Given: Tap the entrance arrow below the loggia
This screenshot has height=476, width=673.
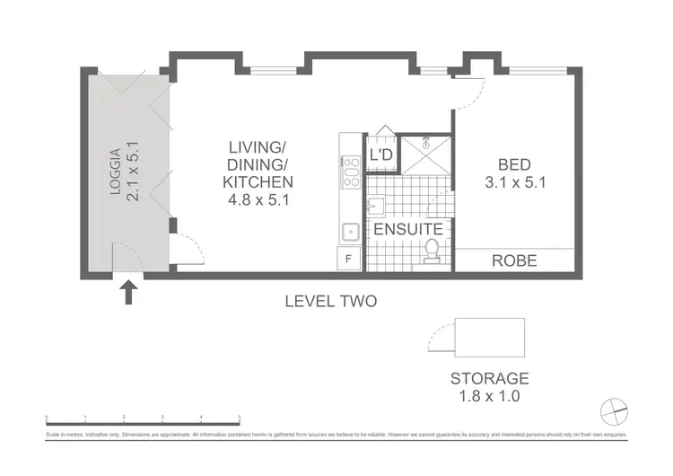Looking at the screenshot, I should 129,292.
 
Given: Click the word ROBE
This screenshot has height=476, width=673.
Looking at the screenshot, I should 514,261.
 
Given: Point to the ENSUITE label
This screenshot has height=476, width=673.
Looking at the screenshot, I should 407,229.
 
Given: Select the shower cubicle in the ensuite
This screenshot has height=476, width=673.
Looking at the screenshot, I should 425,154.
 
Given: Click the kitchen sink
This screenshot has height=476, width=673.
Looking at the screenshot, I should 350,232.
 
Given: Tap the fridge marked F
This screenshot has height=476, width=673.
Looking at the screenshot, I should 349,260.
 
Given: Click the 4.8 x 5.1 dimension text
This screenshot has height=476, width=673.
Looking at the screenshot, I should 260,200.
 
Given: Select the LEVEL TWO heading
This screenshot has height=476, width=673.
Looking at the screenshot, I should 330,302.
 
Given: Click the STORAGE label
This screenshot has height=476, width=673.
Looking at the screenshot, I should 490,378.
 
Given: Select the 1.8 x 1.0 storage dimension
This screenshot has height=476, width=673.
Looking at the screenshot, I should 490,395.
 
